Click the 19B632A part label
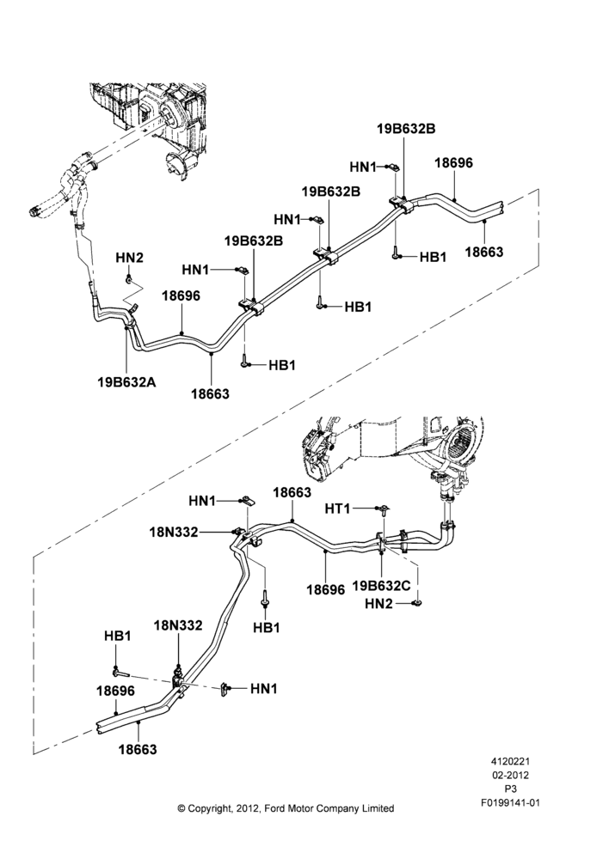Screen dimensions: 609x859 [126, 382]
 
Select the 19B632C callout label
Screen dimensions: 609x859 [381, 585]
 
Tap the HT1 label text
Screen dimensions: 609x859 [337, 509]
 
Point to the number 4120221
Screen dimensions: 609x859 [510, 761]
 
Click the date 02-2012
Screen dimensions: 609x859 [510, 775]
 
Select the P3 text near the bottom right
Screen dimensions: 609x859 [510, 789]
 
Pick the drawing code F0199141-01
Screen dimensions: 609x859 [510, 803]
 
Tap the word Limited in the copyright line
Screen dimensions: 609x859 [378, 808]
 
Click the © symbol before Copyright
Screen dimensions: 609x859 [181, 808]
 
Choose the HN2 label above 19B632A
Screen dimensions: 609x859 [130, 257]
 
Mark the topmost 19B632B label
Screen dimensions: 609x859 [406, 129]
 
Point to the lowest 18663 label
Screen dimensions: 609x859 [138, 749]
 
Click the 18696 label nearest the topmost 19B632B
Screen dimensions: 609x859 [453, 162]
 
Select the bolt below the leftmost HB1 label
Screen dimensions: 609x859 [120, 671]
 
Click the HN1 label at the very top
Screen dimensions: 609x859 [363, 168]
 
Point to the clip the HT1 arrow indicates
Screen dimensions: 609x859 [384, 510]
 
